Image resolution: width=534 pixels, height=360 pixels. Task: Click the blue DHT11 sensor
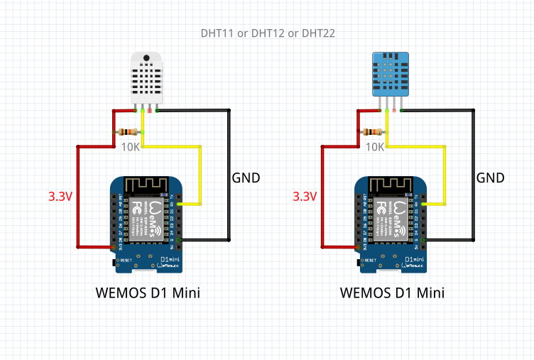(391, 73)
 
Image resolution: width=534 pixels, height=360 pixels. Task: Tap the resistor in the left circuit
(129, 131)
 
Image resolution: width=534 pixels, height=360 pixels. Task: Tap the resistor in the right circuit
(373, 131)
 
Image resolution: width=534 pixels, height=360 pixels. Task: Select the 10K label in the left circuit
(130, 147)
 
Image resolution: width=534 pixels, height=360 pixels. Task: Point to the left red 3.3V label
(60, 196)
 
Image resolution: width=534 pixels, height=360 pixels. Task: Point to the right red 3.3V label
(305, 196)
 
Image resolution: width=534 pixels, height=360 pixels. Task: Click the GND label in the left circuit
(246, 178)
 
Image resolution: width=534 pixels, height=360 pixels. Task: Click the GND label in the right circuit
(491, 178)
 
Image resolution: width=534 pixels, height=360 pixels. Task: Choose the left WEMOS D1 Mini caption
(148, 293)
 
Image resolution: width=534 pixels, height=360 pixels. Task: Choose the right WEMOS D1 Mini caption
(392, 293)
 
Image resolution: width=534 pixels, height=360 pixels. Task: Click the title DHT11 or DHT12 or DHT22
(268, 33)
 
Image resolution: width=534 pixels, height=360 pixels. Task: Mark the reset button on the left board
(116, 262)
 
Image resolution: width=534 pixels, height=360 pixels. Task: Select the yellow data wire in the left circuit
(201, 174)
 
